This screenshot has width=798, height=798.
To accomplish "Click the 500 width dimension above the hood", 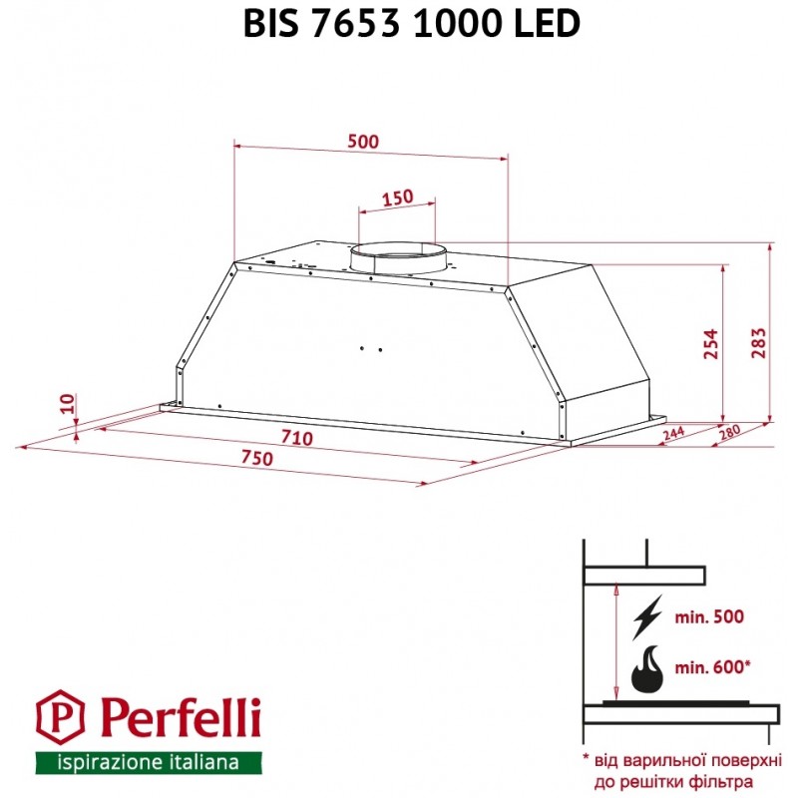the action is coord(363,141).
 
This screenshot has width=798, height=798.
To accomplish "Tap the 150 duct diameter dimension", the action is coord(397,198).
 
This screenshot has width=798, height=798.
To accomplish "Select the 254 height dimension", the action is coord(710,344).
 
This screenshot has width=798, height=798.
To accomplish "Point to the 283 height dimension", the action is coord(758,343).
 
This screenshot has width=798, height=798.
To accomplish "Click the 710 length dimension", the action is coord(296,438).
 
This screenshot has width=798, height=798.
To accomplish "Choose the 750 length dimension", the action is coord(257,458).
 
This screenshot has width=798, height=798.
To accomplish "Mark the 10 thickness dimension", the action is coord(68,404).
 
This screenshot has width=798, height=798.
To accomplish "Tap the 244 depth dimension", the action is coord(674,434).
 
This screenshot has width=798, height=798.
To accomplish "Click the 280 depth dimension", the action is coord(729,433).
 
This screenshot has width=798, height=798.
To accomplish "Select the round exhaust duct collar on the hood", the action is coord(397,259).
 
